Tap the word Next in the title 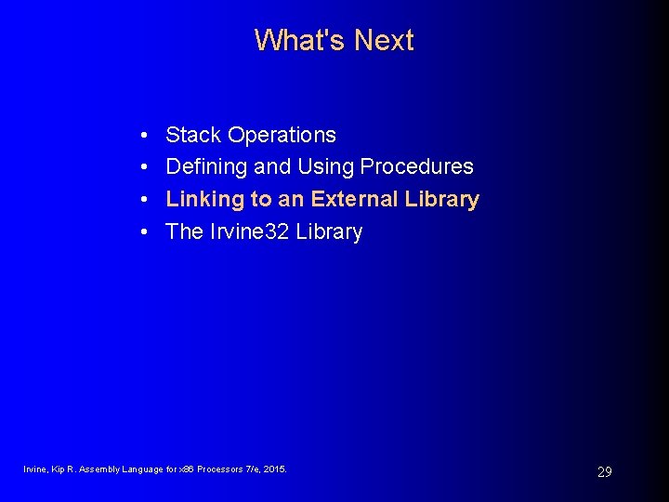click(384, 40)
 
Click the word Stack click(193, 135)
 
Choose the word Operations click(282, 136)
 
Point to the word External click(355, 199)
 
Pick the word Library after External click(442, 200)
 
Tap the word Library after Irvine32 click(329, 232)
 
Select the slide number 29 click(604, 472)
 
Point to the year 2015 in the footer click(276, 469)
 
